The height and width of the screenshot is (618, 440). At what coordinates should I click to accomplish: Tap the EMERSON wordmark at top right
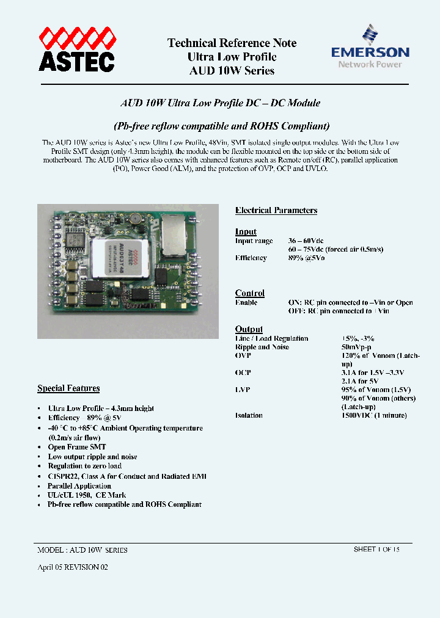click(x=370, y=53)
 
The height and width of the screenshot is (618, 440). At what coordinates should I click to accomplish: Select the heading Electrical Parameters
click(x=276, y=211)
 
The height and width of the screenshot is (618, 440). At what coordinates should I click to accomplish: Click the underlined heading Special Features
click(x=68, y=388)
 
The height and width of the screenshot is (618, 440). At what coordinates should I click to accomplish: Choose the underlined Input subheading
click(x=246, y=231)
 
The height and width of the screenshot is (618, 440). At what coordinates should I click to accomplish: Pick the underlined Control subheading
click(x=250, y=293)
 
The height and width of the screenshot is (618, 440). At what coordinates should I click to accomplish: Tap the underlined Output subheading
click(x=249, y=329)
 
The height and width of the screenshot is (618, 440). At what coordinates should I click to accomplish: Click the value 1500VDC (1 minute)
click(x=373, y=415)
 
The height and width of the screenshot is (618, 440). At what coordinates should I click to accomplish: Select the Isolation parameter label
click(x=249, y=415)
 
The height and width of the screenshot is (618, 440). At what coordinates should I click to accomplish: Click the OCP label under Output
click(x=243, y=373)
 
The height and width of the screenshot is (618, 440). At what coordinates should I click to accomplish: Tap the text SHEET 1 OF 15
click(x=376, y=549)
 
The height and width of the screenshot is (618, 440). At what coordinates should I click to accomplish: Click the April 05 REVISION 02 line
click(x=73, y=567)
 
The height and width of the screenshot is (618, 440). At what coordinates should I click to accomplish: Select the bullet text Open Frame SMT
click(x=77, y=447)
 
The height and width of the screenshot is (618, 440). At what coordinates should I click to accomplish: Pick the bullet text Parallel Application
click(x=79, y=486)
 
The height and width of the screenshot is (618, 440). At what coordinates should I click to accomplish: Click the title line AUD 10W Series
click(x=232, y=70)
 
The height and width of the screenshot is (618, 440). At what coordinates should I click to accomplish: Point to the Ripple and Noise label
click(x=263, y=347)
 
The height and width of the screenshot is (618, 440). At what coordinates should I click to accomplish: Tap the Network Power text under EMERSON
click(x=370, y=64)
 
